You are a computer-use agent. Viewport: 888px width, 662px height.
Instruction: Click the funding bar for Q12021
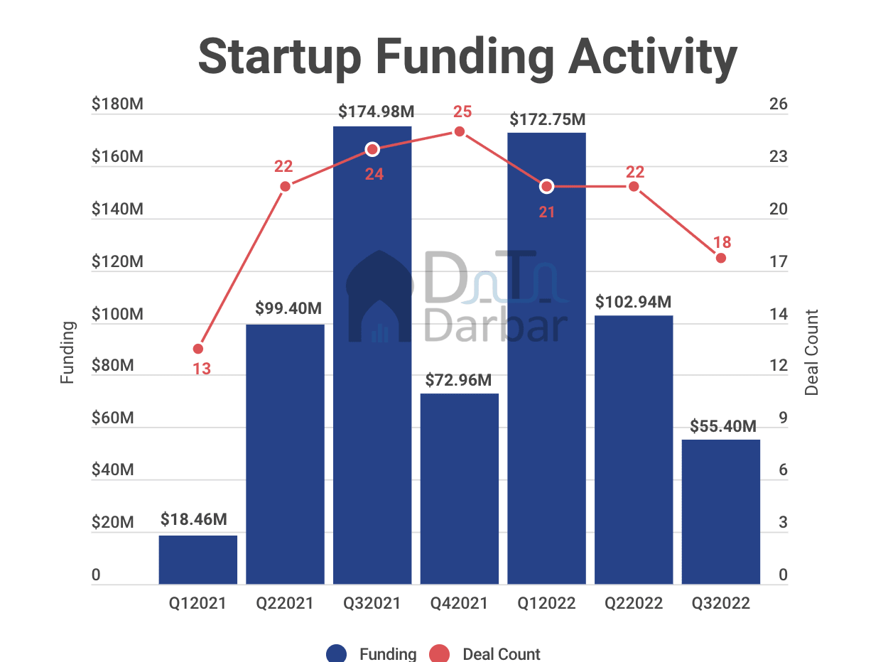click(197, 560)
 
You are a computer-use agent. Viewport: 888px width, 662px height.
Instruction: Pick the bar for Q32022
click(721, 511)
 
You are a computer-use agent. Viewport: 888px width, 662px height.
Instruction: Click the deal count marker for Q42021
click(460, 131)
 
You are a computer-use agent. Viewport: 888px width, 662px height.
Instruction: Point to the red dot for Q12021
click(198, 349)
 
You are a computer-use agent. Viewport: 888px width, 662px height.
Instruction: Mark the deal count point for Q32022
click(721, 258)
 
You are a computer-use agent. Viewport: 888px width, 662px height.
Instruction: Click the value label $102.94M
click(634, 302)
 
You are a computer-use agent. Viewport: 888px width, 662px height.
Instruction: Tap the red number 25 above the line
click(462, 112)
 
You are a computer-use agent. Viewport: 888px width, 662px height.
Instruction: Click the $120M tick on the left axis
click(117, 262)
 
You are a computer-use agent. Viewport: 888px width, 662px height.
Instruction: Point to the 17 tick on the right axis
click(778, 262)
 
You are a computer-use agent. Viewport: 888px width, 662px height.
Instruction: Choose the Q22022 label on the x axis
click(634, 604)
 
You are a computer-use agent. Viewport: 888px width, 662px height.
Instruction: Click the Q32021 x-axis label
click(372, 604)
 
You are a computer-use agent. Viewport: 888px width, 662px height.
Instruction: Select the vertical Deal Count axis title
click(812, 352)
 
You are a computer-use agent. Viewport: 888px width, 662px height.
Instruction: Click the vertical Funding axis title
click(67, 352)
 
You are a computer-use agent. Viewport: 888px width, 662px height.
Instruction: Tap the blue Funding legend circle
click(336, 654)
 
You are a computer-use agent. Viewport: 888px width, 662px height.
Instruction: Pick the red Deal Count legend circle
click(440, 654)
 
